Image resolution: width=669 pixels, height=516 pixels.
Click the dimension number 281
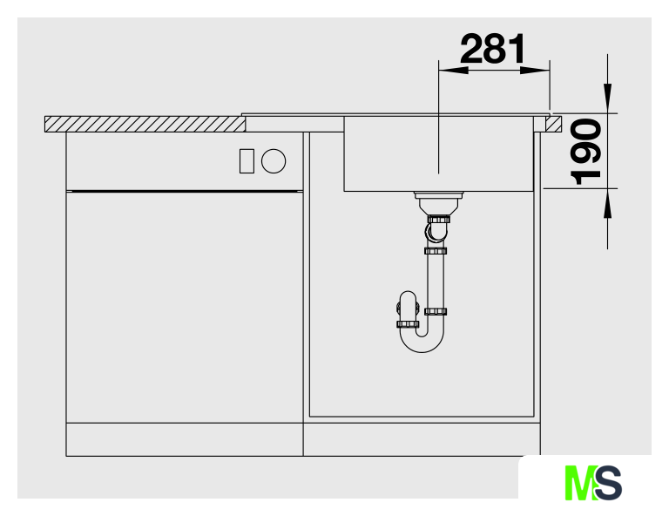tap(493, 49)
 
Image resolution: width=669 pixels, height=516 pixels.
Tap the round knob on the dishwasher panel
tap(274, 161)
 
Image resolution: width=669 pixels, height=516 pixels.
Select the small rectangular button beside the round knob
tap(247, 161)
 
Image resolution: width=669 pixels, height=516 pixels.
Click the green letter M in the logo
tap(579, 483)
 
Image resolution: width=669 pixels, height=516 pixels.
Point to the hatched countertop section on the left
tap(145, 124)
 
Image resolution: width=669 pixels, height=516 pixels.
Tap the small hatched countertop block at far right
tap(553, 124)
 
